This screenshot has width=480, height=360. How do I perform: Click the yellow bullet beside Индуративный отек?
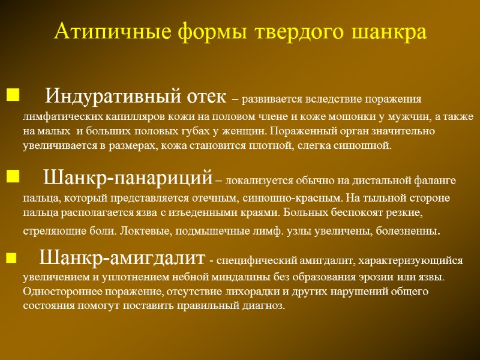tap(13, 94)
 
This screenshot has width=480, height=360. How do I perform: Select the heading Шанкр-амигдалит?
tap(122, 259)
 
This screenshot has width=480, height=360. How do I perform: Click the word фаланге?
tap(436, 179)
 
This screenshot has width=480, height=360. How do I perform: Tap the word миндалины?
tap(274, 278)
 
